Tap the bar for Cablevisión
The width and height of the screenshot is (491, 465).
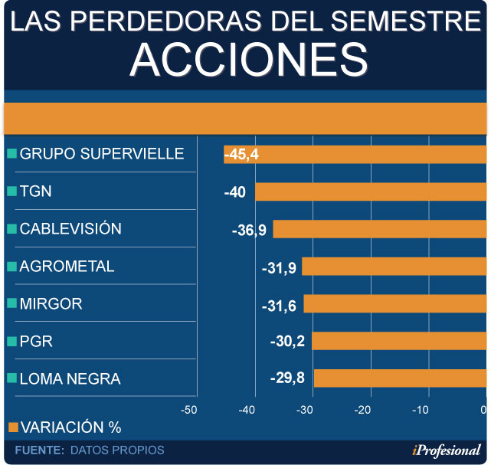click(379, 229)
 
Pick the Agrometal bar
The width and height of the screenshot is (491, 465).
click(394, 267)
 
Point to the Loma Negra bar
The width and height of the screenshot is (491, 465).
click(400, 378)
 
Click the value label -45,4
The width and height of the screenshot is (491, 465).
click(241, 155)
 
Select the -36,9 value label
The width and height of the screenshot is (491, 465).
click(249, 230)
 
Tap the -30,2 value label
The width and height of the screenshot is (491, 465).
click(287, 340)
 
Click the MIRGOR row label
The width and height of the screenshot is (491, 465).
click(51, 303)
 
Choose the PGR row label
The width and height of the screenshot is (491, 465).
click(36, 341)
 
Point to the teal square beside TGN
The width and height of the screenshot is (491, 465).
click(11, 191)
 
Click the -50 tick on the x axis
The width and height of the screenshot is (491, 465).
click(188, 410)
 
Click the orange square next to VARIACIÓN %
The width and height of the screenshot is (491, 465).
click(12, 427)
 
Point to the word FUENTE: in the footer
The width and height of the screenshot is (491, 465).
click(39, 450)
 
